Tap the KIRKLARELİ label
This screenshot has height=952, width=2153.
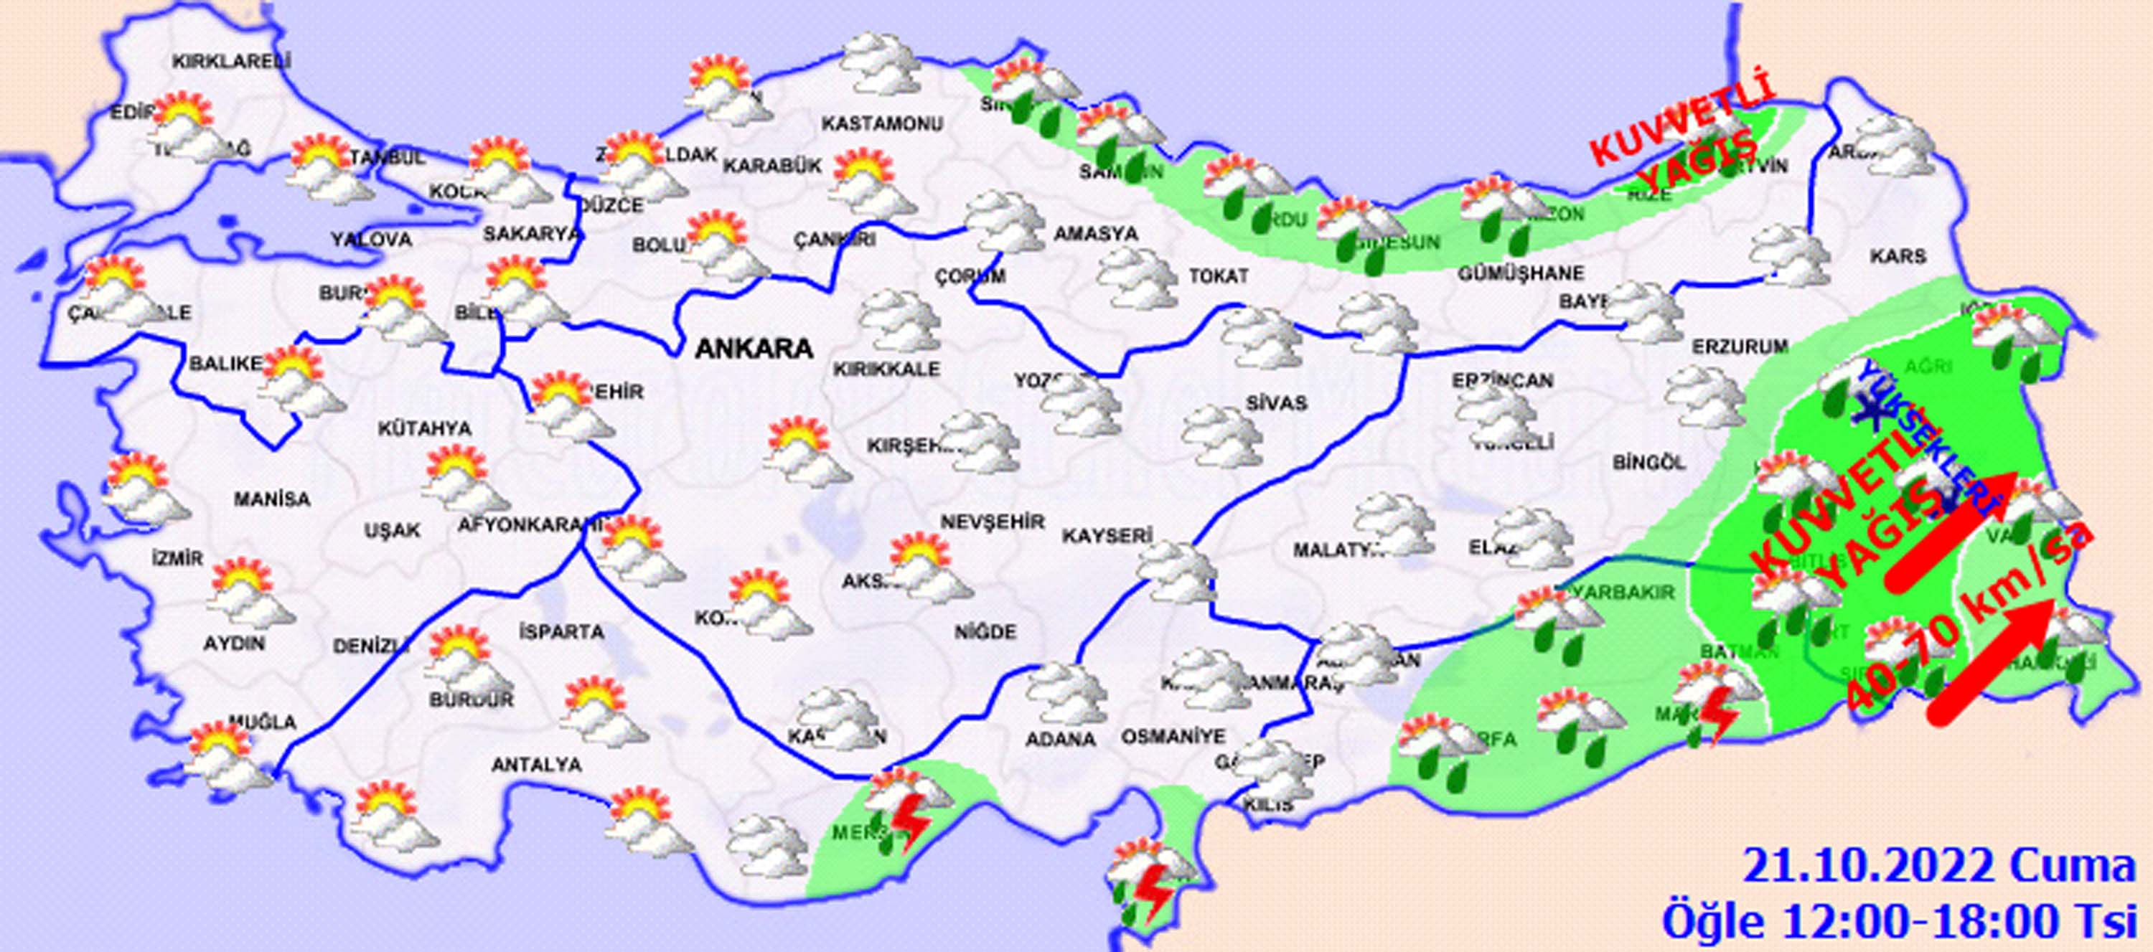tap(232, 61)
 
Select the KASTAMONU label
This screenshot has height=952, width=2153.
tap(882, 123)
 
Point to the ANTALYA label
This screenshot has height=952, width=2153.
tap(537, 764)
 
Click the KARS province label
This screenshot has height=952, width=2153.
tap(1899, 256)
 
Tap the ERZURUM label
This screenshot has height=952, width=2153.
tap(1740, 345)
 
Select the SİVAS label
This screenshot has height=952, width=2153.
tap(1275, 403)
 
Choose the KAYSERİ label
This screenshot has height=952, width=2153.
tap(1107, 535)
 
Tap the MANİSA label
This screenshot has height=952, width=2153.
tap(271, 499)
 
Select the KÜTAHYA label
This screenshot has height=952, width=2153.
tap(425, 429)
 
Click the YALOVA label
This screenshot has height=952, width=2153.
tap(371, 240)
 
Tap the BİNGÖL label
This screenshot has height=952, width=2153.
tap(1649, 461)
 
